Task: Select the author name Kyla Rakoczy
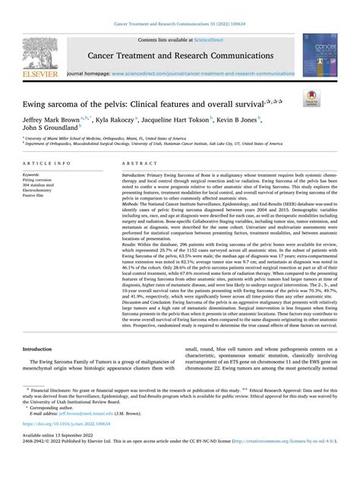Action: click(115, 120)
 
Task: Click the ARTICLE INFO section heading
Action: click(48, 163)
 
